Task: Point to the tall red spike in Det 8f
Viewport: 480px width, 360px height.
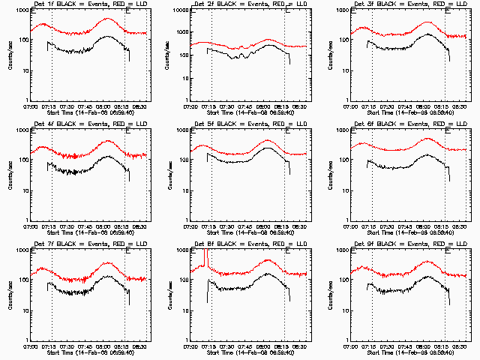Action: [205, 259]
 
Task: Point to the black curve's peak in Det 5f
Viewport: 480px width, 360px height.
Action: [267, 148]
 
